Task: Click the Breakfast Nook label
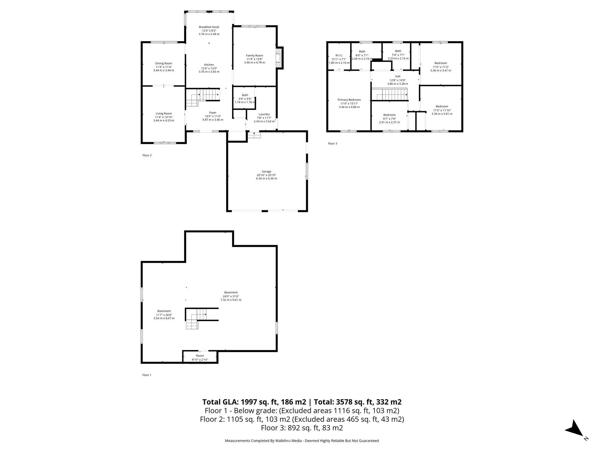point(209,27)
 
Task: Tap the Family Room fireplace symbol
point(279,58)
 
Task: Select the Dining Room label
point(164,63)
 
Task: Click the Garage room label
point(266,171)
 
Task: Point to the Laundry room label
point(264,114)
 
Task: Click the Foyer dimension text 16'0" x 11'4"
point(213,116)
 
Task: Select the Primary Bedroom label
point(349,100)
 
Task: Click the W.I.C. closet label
point(339,55)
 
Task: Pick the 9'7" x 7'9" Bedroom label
point(389,115)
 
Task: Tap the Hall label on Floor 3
point(398,76)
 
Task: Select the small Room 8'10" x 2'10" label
point(200,356)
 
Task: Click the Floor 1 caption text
point(147,375)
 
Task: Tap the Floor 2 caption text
point(147,155)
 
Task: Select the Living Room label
point(164,114)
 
